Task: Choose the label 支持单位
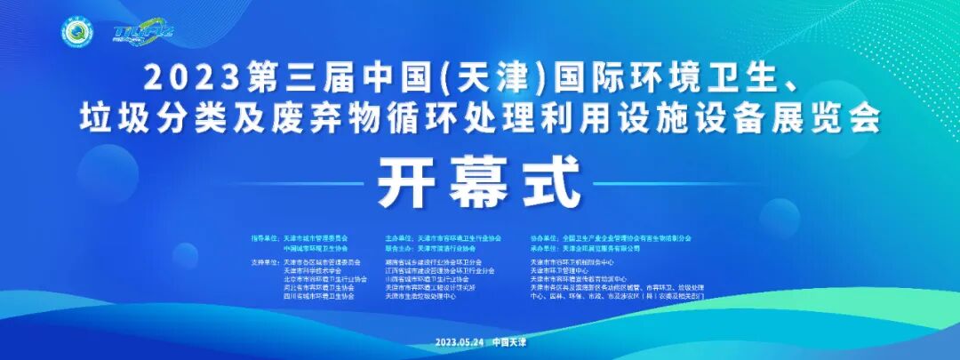(x=265, y=262)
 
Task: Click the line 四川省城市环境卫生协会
(x=318, y=295)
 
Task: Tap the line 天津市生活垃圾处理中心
(x=421, y=295)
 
